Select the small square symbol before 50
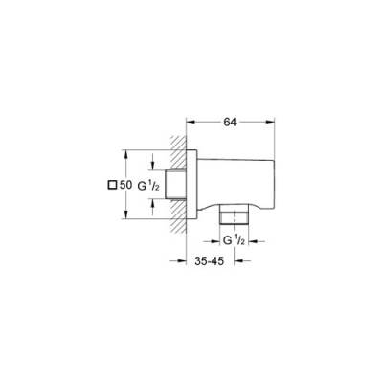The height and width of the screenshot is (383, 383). tap(112, 184)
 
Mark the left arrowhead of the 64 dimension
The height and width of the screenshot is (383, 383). tap(190, 122)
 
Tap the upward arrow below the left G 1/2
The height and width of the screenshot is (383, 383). tap(152, 202)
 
